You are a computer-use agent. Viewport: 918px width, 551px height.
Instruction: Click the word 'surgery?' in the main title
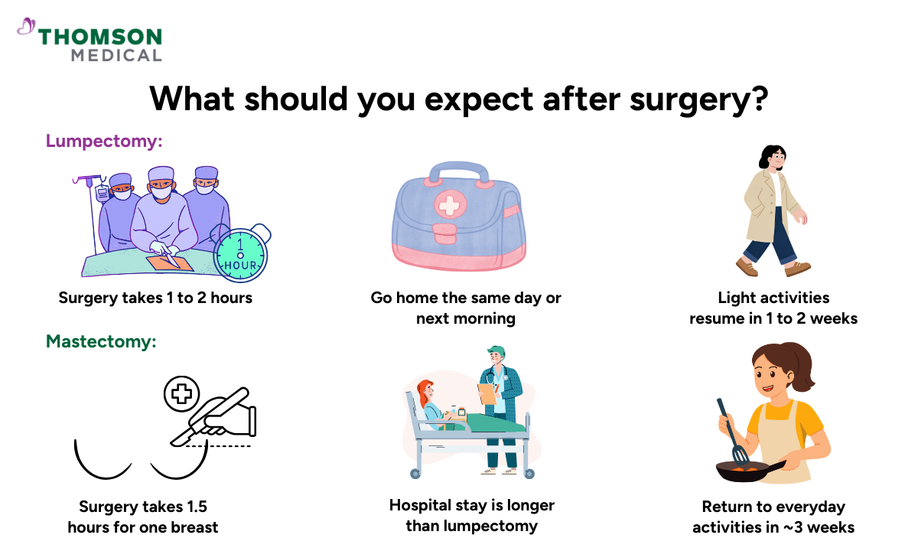tap(692, 99)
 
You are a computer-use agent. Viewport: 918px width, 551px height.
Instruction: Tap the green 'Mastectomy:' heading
tap(101, 341)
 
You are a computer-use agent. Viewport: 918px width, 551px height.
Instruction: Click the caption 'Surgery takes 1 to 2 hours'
tap(155, 298)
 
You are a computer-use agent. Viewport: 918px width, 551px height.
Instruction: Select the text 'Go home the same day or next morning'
tap(465, 308)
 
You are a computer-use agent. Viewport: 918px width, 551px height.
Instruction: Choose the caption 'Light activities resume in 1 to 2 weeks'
tap(773, 308)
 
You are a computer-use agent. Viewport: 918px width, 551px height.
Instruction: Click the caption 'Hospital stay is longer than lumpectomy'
tap(472, 515)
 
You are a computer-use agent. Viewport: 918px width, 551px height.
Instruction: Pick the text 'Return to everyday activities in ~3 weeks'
tap(773, 517)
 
